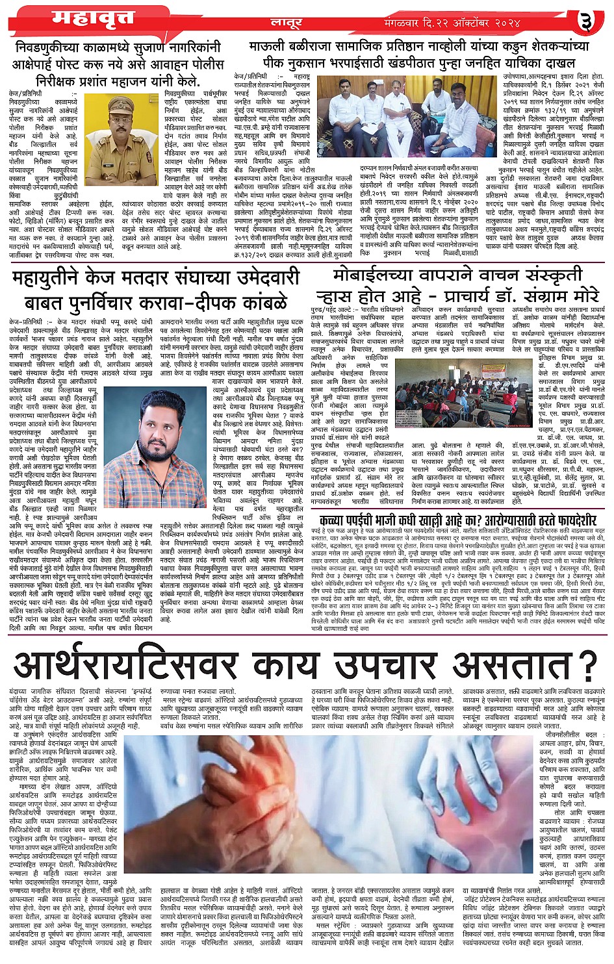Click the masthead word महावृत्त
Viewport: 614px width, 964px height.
(x=85, y=17)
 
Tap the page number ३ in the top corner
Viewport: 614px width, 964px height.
(x=589, y=21)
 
